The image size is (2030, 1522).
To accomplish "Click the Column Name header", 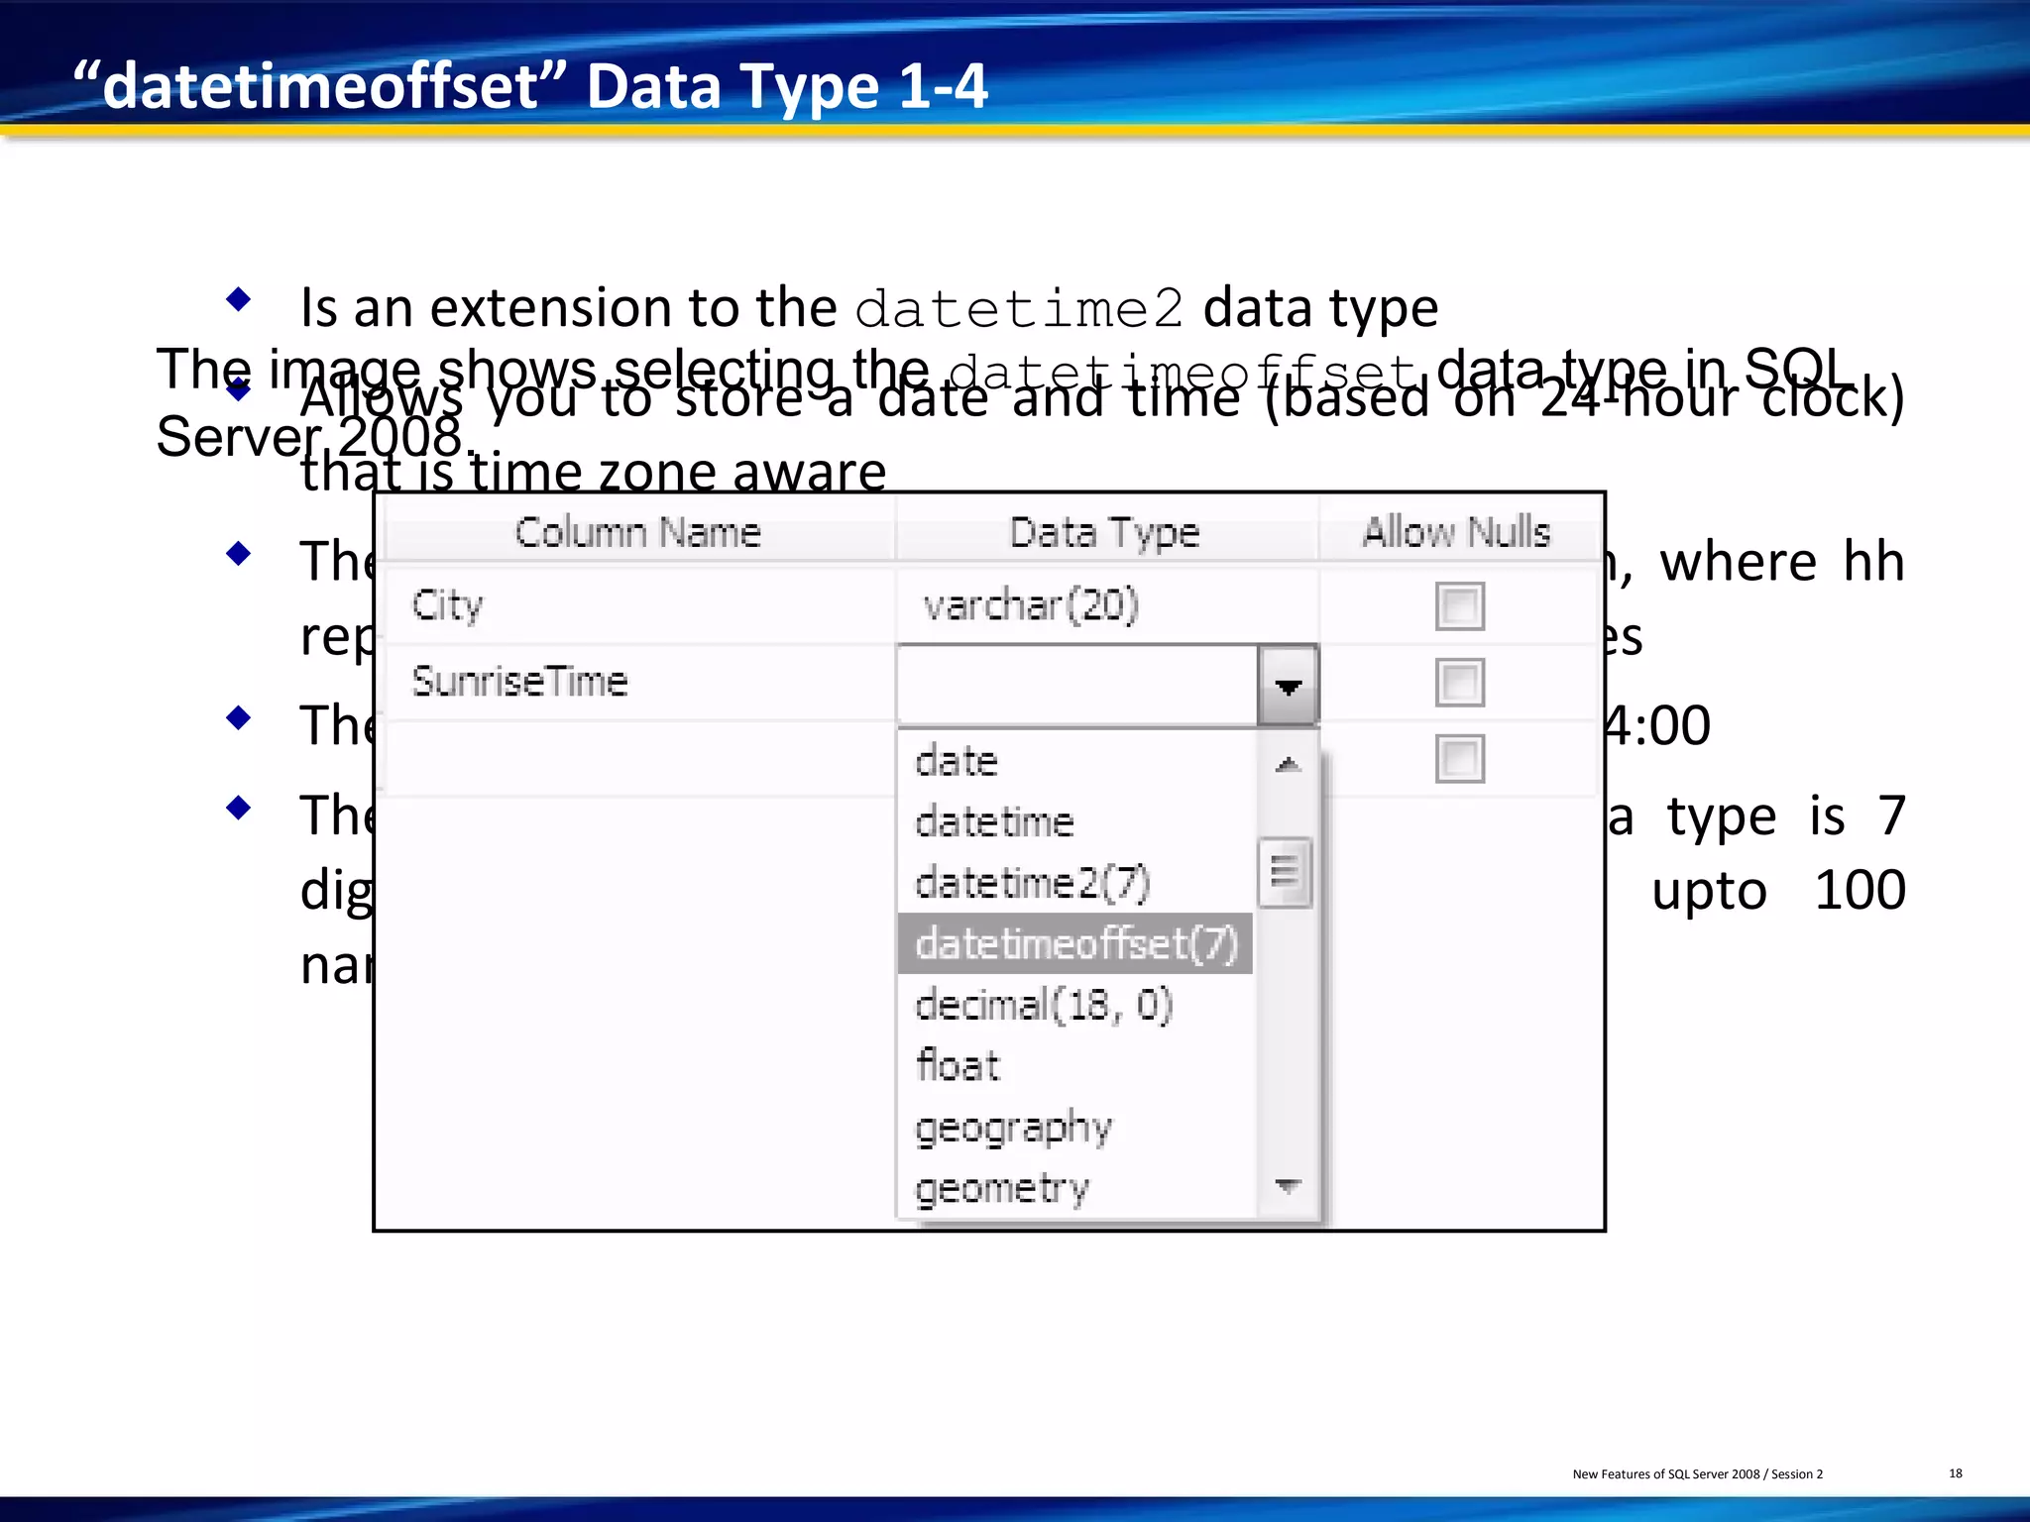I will pyautogui.click(x=638, y=533).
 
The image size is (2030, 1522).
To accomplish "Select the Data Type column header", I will pyautogui.click(x=1104, y=533).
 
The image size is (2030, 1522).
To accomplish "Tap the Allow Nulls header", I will pyautogui.click(x=1456, y=533).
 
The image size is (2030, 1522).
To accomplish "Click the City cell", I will pyautogui.click(x=448, y=605).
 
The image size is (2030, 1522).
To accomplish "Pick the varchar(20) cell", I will pyautogui.click(x=1031, y=605).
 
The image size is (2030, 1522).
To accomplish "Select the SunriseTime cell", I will pyautogui.click(x=520, y=682).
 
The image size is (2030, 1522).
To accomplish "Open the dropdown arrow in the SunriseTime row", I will pyautogui.click(x=1288, y=686).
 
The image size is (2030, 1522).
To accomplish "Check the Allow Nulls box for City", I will pyautogui.click(x=1459, y=606).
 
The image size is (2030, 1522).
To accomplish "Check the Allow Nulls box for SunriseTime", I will pyautogui.click(x=1459, y=683).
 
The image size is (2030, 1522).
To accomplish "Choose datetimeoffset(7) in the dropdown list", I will pyautogui.click(x=1076, y=943).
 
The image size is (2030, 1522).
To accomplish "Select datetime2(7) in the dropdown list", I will pyautogui.click(x=1032, y=883).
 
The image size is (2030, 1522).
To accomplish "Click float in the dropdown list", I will pyautogui.click(x=959, y=1066).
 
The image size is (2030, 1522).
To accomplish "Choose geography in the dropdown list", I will pyautogui.click(x=1013, y=1128).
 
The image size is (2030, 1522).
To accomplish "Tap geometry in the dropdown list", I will pyautogui.click(x=1002, y=1188).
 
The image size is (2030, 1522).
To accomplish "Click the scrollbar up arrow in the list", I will pyautogui.click(x=1288, y=764).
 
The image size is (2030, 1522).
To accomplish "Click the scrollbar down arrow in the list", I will pyautogui.click(x=1288, y=1185).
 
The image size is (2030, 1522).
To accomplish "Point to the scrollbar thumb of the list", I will pyautogui.click(x=1285, y=873).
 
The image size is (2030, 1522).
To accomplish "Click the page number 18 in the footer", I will pyautogui.click(x=1955, y=1473).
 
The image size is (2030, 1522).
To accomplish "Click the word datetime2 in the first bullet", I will pyautogui.click(x=1019, y=309).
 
